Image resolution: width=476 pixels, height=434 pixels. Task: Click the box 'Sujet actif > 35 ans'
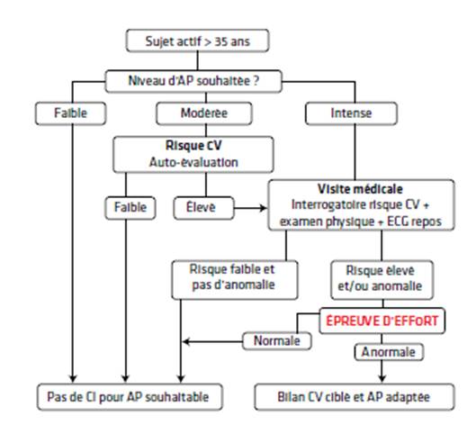[197, 41]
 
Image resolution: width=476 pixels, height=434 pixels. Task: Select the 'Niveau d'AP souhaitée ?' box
[193, 81]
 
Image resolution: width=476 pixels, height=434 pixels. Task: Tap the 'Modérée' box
[204, 113]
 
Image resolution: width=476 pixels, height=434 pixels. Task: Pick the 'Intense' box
[351, 113]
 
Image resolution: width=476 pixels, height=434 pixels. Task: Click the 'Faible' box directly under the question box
[71, 113]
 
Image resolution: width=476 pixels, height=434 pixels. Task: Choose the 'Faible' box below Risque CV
[130, 208]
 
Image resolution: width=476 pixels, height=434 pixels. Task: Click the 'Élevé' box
[203, 208]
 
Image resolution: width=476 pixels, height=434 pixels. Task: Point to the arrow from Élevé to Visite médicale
[251, 208]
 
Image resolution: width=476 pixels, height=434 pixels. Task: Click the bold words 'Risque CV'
[193, 145]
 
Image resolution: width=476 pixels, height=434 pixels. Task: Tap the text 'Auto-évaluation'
[193, 162]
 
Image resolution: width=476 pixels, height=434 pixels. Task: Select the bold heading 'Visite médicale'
[360, 189]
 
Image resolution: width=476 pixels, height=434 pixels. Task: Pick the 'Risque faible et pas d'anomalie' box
[235, 280]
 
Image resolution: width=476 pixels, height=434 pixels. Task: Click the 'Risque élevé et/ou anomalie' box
[382, 280]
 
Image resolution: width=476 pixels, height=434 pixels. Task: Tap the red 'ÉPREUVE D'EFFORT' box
[382, 321]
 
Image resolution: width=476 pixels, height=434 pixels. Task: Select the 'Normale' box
[277, 340]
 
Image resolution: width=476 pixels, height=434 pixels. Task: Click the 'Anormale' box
[389, 352]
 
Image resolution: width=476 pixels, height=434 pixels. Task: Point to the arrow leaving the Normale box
[212, 341]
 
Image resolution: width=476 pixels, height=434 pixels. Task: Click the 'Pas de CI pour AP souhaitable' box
[130, 397]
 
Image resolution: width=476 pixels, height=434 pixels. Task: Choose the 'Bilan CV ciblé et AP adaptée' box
[355, 397]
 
